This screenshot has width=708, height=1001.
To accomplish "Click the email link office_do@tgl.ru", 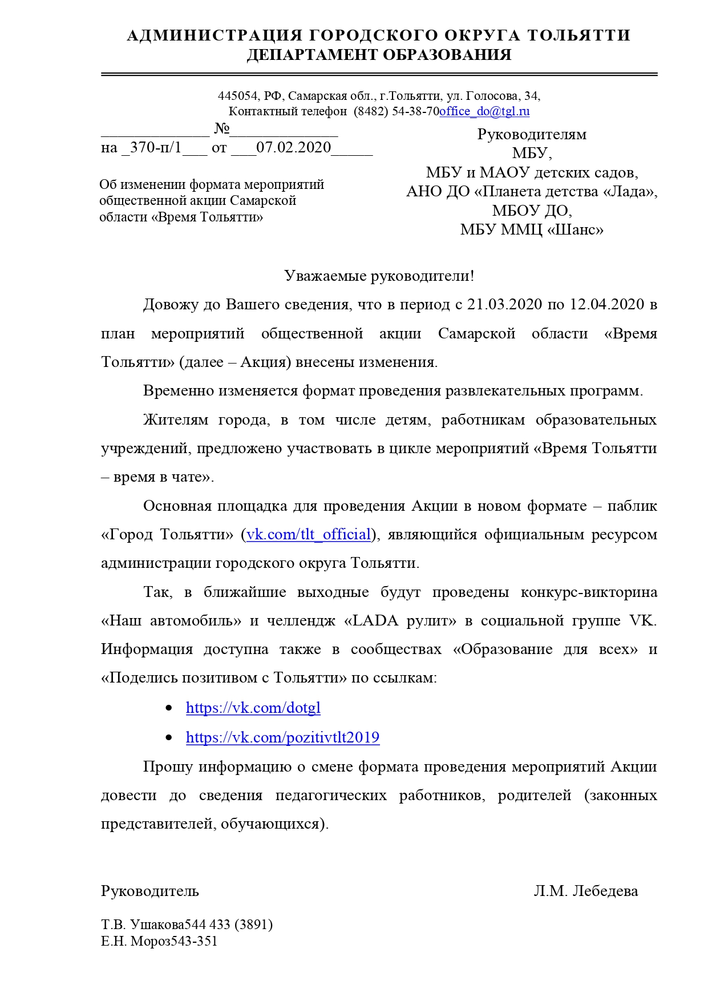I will pos(484,111).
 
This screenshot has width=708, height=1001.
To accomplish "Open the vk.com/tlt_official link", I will pos(309,535).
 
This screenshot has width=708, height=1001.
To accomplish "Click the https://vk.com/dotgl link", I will pos(253,708).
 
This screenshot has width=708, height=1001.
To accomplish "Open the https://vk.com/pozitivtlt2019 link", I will pos(282,737).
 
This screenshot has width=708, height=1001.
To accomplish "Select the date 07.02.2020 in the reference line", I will pos(294,148).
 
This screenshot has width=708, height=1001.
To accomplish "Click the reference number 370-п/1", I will pos(156,148).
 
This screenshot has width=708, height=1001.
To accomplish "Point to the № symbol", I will pos(221,129).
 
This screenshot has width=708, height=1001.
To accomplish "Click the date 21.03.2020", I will pos(504,304).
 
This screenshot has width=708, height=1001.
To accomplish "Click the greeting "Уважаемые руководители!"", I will pos(379,276).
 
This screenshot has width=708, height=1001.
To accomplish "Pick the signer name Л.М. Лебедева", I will pos(586,891).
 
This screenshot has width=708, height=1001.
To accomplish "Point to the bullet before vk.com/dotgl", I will pos(168,708).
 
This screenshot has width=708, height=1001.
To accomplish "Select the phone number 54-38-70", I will pos(415,111).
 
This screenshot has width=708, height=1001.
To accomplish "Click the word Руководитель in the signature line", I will pos(150,891).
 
